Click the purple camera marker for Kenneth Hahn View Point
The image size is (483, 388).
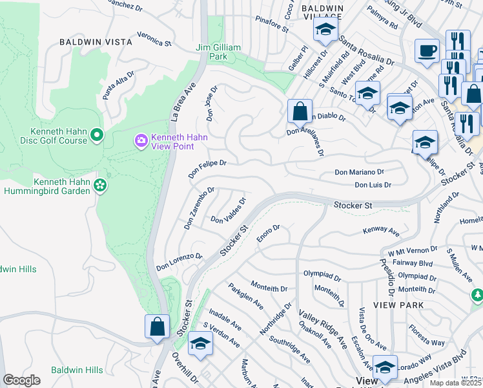tap(141, 140)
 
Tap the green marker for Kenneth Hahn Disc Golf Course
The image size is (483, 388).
tap(97, 135)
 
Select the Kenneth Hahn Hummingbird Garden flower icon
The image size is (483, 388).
tap(100, 186)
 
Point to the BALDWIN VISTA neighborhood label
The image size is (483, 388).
tap(96, 41)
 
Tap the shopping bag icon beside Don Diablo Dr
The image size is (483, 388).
tap(300, 111)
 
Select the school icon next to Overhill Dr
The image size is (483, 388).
tap(200, 344)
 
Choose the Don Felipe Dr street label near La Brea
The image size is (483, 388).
tap(207, 169)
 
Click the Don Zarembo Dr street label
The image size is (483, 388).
tap(198, 208)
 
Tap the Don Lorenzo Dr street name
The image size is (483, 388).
tap(179, 261)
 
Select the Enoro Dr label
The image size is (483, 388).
tap(268, 232)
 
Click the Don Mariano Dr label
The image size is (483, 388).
tap(359, 172)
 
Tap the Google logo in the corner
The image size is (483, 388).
tap(21, 380)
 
